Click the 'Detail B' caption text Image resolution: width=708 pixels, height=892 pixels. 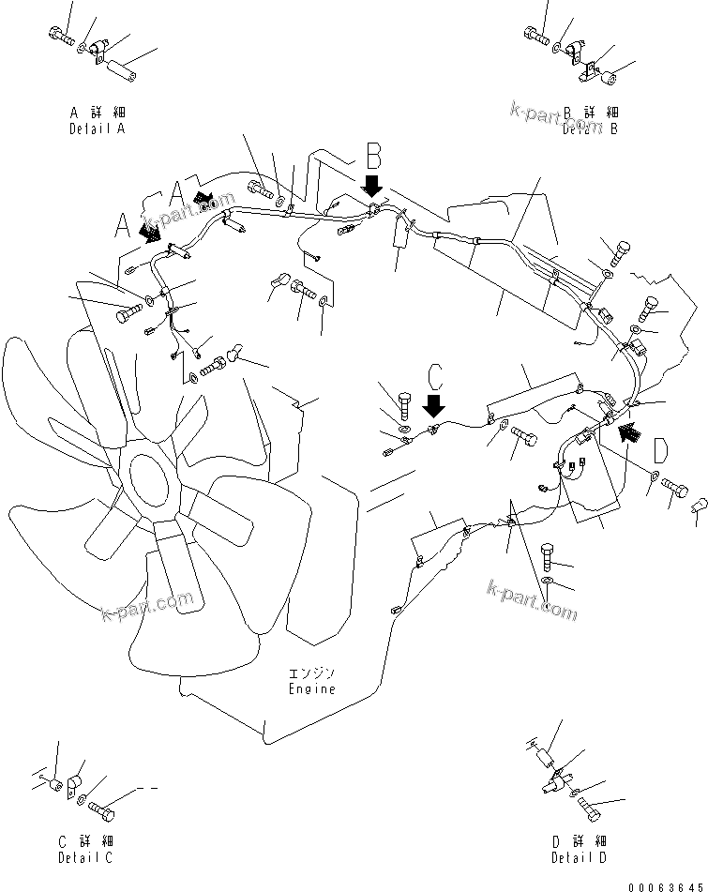[590, 129]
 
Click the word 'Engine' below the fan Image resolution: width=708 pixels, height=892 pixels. [311, 688]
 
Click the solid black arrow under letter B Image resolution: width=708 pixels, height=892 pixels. [372, 184]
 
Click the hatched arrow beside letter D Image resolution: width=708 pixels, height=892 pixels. [630, 431]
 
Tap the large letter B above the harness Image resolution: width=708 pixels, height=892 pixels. [373, 155]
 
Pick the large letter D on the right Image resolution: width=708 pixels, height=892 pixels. [659, 450]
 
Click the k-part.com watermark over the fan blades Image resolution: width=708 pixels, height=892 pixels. [147, 604]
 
